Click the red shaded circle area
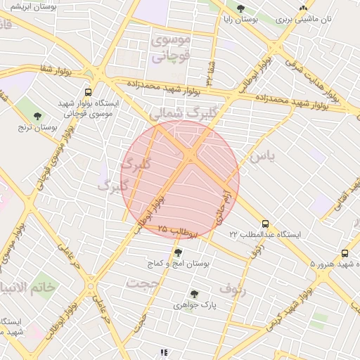[x=181, y=179]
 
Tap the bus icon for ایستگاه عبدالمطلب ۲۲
[x=264, y=223]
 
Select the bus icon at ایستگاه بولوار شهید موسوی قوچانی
[x=88, y=92]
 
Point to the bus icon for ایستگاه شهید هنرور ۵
[x=345, y=253]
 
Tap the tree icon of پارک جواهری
[x=194, y=294]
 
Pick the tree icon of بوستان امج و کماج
[x=178, y=252]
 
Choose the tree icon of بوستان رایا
[x=241, y=9]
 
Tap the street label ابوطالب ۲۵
[x=179, y=231]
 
